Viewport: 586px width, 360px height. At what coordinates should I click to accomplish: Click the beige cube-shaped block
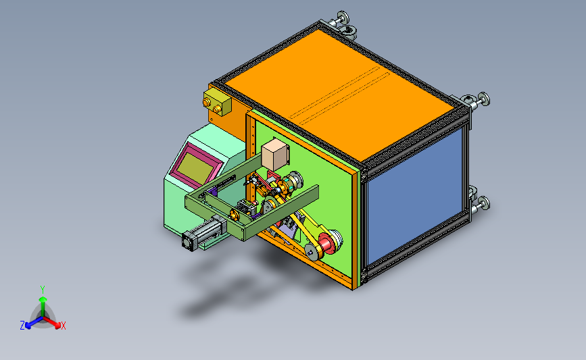pyautogui.click(x=276, y=153)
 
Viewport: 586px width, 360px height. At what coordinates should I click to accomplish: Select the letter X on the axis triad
pyautogui.click(x=63, y=326)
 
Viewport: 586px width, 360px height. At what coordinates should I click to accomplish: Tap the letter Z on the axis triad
pyautogui.click(x=22, y=326)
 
